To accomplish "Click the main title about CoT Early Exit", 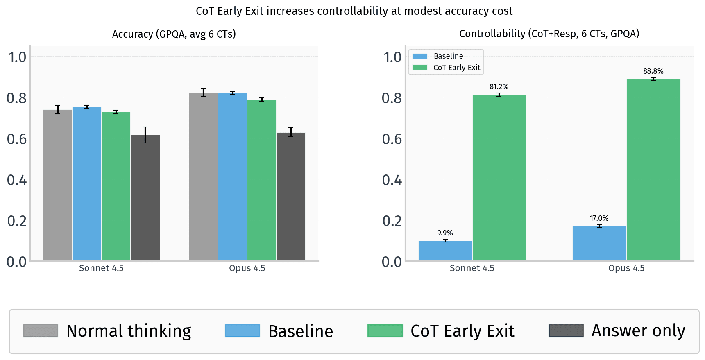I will tap(354, 11).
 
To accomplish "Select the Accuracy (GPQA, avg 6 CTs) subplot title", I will tap(174, 34).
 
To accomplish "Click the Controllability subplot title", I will tap(549, 34).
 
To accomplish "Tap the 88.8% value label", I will tap(653, 71).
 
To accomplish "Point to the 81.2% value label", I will tap(499, 87).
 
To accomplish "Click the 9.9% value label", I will tap(445, 233).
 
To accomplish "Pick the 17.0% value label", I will tap(599, 218).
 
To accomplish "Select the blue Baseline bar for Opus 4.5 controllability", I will tap(599, 244).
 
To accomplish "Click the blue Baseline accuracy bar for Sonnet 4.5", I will tap(87, 184).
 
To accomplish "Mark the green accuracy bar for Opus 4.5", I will tap(261, 180).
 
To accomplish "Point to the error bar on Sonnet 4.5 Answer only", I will tap(145, 135).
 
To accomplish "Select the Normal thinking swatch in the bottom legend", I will tap(41, 331).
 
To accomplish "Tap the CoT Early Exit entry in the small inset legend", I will tap(456, 68).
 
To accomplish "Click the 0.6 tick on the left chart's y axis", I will tap(17, 139).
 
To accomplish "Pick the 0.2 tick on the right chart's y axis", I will tap(392, 221).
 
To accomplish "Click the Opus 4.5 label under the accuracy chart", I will tap(247, 268).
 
